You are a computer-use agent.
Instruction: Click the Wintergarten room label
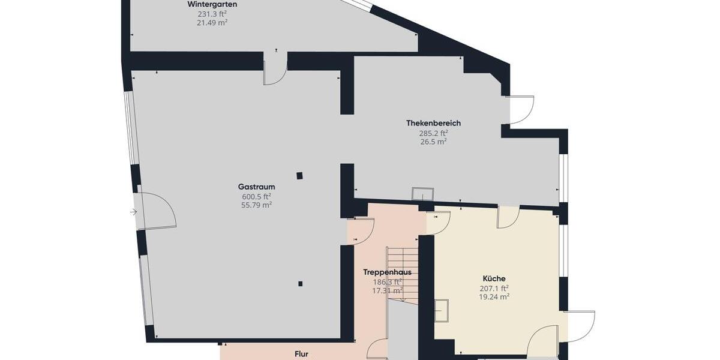[212, 4]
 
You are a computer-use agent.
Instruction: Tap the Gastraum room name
[256, 187]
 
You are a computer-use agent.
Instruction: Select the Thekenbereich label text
[433, 123]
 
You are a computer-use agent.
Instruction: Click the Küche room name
[494, 278]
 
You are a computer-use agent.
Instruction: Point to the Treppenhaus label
[387, 272]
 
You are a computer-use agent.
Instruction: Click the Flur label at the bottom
[301, 354]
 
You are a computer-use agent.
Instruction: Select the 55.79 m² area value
[256, 205]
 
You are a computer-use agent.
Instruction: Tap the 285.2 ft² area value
[433, 133]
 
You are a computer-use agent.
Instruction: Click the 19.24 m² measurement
[494, 296]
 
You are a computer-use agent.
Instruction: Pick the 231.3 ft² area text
[212, 14]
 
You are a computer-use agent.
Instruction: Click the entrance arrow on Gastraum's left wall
[133, 212]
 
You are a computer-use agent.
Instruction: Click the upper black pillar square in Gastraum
[299, 176]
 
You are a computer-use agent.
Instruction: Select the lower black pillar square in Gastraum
[300, 284]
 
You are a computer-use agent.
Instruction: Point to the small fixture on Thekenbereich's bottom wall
[422, 194]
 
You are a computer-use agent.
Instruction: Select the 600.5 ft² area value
[256, 196]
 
